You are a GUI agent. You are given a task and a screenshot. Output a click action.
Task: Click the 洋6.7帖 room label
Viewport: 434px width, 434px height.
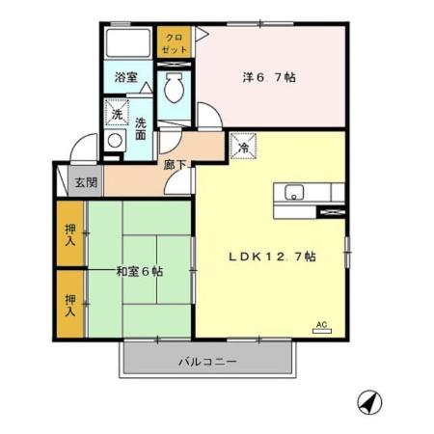click(266, 76)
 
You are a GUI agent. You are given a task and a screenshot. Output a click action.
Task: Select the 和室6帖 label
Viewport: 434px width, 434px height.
click(140, 271)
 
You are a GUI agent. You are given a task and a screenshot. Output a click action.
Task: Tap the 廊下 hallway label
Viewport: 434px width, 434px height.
click(175, 164)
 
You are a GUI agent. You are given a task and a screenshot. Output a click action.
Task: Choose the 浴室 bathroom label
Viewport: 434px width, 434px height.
click(126, 76)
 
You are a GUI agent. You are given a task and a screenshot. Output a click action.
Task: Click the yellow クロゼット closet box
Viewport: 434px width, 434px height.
click(175, 41)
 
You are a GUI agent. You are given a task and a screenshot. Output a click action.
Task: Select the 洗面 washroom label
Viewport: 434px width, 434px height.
click(141, 127)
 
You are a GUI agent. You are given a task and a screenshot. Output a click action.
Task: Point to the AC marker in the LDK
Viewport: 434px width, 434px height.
click(321, 326)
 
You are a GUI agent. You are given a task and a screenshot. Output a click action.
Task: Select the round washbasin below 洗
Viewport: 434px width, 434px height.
click(115, 141)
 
